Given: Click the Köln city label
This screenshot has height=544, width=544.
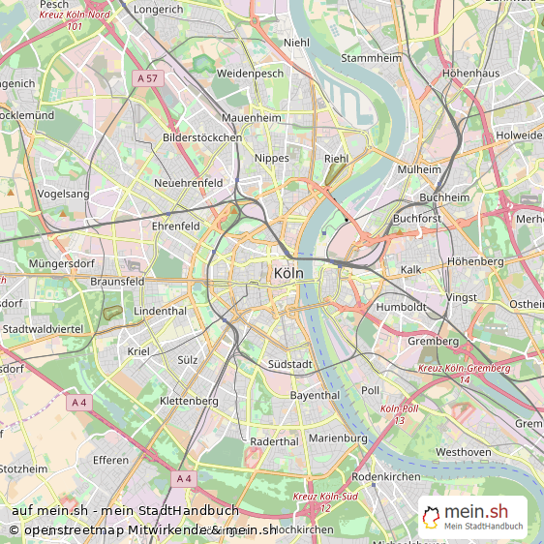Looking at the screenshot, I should point(288,273).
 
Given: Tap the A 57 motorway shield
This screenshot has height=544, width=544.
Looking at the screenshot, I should point(147,77).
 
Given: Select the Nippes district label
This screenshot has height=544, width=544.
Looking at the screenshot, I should point(271,157).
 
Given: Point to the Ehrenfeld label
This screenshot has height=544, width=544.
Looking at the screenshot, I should point(175,226).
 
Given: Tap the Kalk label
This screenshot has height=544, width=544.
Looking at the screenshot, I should point(411,269).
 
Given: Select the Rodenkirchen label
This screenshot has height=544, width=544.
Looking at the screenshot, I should point(385,476).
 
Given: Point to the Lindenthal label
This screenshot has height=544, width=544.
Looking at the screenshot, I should point(160,311).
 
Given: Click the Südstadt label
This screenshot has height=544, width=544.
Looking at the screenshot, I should point(289,365).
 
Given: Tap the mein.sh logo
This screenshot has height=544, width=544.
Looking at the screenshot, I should point(473,517).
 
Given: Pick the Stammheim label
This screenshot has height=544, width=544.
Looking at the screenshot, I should point(371,58).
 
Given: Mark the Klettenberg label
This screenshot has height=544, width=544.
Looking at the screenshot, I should point(189,399).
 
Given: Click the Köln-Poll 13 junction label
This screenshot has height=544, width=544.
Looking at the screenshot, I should point(399,413).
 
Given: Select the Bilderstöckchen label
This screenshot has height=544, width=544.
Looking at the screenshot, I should point(202,137).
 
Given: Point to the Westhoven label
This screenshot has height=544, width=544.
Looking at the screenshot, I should point(463,451).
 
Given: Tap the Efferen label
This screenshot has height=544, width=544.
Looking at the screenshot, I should point(110,460).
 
